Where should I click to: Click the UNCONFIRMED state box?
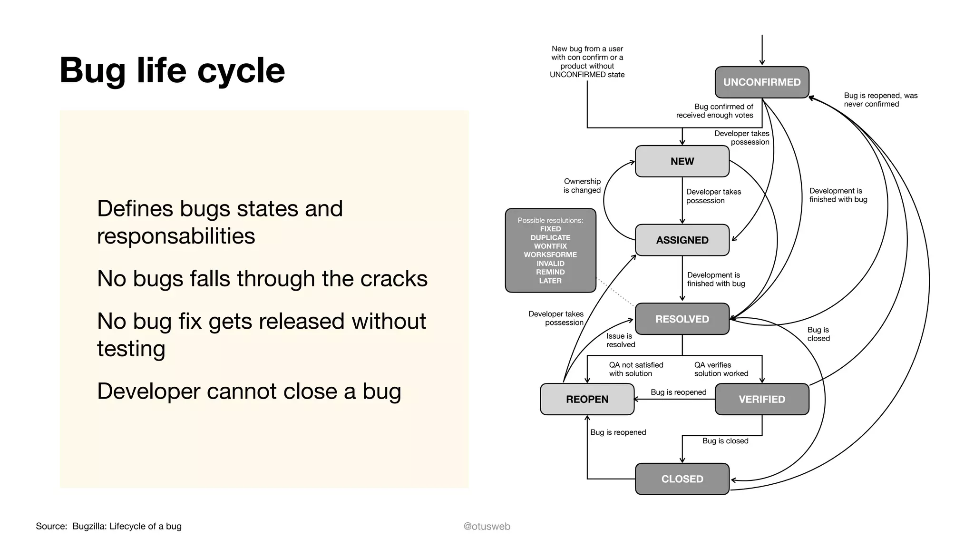(761, 82)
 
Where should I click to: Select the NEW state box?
(682, 161)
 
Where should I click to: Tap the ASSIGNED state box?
(682, 240)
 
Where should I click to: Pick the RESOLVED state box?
(682, 319)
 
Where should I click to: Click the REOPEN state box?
(587, 399)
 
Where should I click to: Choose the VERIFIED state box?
(761, 399)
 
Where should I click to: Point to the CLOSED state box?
(682, 479)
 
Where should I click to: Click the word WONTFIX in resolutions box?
(550, 246)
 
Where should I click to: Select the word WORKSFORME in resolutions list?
(550, 255)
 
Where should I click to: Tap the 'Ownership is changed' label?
(582, 186)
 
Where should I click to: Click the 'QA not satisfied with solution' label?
(635, 369)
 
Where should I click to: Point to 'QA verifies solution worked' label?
(721, 369)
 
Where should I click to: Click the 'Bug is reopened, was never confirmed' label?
(880, 100)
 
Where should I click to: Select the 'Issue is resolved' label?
(620, 340)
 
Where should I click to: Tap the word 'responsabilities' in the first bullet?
(176, 236)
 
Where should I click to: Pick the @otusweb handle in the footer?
(487, 526)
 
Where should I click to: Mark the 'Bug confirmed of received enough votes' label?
(714, 111)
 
